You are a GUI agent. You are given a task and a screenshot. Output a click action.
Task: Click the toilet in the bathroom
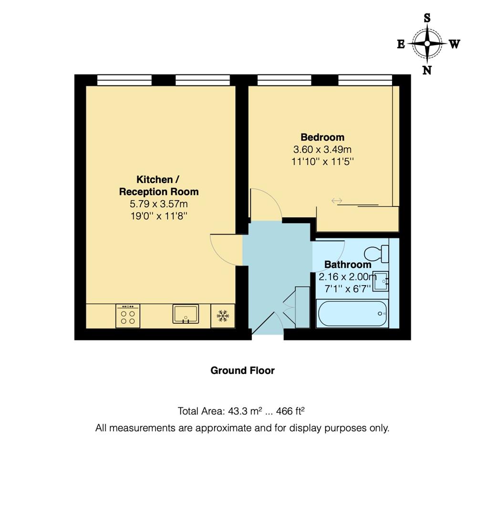pos(376,252)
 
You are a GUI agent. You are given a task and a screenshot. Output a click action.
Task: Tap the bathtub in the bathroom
pos(352,314)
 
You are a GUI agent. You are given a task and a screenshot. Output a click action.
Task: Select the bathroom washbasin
pos(381,281)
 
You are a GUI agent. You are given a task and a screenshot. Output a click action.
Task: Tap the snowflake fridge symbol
pos(222,316)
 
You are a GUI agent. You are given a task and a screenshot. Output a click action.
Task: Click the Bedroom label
pos(322,137)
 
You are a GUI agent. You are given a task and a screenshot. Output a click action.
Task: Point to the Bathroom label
pos(348,264)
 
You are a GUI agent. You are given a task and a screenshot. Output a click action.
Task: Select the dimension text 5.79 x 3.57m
pos(158,204)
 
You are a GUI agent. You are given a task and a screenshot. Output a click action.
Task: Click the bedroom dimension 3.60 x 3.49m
pos(322,150)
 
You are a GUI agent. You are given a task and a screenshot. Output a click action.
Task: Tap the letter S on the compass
pos(427,18)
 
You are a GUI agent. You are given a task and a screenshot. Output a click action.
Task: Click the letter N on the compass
pos(427,70)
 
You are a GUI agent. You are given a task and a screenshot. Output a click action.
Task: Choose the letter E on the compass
pos(401,44)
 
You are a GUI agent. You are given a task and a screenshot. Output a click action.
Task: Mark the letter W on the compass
pos(454,44)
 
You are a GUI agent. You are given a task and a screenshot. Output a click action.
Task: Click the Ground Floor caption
pos(242,371)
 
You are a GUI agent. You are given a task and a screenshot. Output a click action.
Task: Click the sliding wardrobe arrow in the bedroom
pos(337,201)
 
